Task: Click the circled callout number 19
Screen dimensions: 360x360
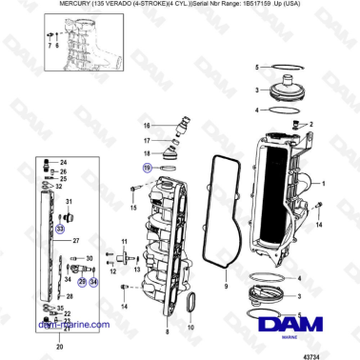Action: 147,167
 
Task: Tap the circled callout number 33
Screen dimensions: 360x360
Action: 60,229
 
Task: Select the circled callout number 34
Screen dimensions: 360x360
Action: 93,282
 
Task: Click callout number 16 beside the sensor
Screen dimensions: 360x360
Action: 147,126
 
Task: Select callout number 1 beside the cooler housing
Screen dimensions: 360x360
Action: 325,183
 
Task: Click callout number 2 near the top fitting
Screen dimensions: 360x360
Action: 308,123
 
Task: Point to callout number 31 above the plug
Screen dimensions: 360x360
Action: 69,202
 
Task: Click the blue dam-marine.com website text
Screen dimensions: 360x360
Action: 72,324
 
